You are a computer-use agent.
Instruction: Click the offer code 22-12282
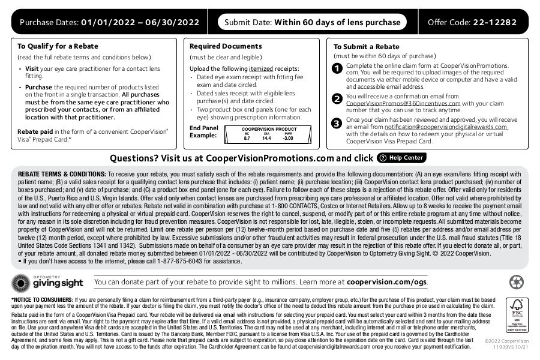494,23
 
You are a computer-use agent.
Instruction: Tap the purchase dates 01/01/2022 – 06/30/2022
140,23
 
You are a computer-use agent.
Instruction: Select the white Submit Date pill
312,23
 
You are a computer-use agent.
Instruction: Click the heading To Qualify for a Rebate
58,46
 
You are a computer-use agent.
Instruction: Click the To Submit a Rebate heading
366,47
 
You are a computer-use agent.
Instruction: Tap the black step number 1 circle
337,68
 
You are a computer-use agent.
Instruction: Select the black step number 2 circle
337,99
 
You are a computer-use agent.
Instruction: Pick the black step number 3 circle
337,123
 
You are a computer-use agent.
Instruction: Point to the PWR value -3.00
288,139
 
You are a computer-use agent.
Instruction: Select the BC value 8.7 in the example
247,139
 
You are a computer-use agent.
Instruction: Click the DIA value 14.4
266,139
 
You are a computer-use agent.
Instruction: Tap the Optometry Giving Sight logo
48,281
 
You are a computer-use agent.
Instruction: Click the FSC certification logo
517,315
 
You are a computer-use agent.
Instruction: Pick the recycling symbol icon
516,282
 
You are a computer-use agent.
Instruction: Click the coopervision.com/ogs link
387,281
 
